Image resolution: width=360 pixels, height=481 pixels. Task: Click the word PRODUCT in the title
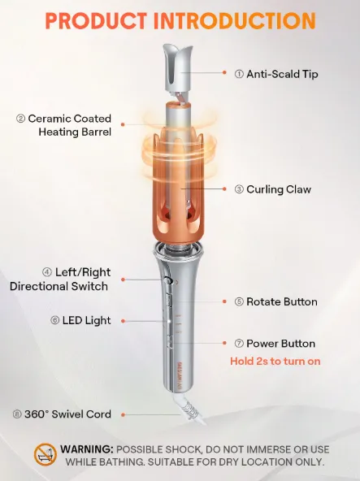pos(96,20)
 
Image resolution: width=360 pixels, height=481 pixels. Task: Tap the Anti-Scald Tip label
pos(276,74)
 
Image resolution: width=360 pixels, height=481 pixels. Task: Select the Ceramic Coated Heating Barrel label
pos(64,125)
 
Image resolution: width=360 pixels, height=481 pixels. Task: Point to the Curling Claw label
pos(273,189)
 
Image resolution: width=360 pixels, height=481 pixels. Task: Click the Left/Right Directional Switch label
pos(60,279)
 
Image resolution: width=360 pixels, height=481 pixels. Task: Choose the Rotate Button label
pos(276,302)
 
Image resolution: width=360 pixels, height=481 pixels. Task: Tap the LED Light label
pos(80,321)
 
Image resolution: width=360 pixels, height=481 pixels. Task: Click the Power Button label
pos(275,344)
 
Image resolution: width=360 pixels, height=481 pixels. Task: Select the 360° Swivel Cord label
pos(62,414)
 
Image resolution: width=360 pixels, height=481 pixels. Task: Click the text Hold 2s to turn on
pos(275,361)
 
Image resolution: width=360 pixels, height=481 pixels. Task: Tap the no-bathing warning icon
pos(46,455)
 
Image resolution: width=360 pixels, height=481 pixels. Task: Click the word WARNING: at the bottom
pos(87,449)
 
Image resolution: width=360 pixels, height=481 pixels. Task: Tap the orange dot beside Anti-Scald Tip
pos(224,72)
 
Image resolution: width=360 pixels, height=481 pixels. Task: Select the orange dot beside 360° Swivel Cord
pos(123,414)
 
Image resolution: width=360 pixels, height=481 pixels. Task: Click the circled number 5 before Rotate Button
pos(239,302)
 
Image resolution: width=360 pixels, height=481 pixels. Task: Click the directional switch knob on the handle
pos(167,279)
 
